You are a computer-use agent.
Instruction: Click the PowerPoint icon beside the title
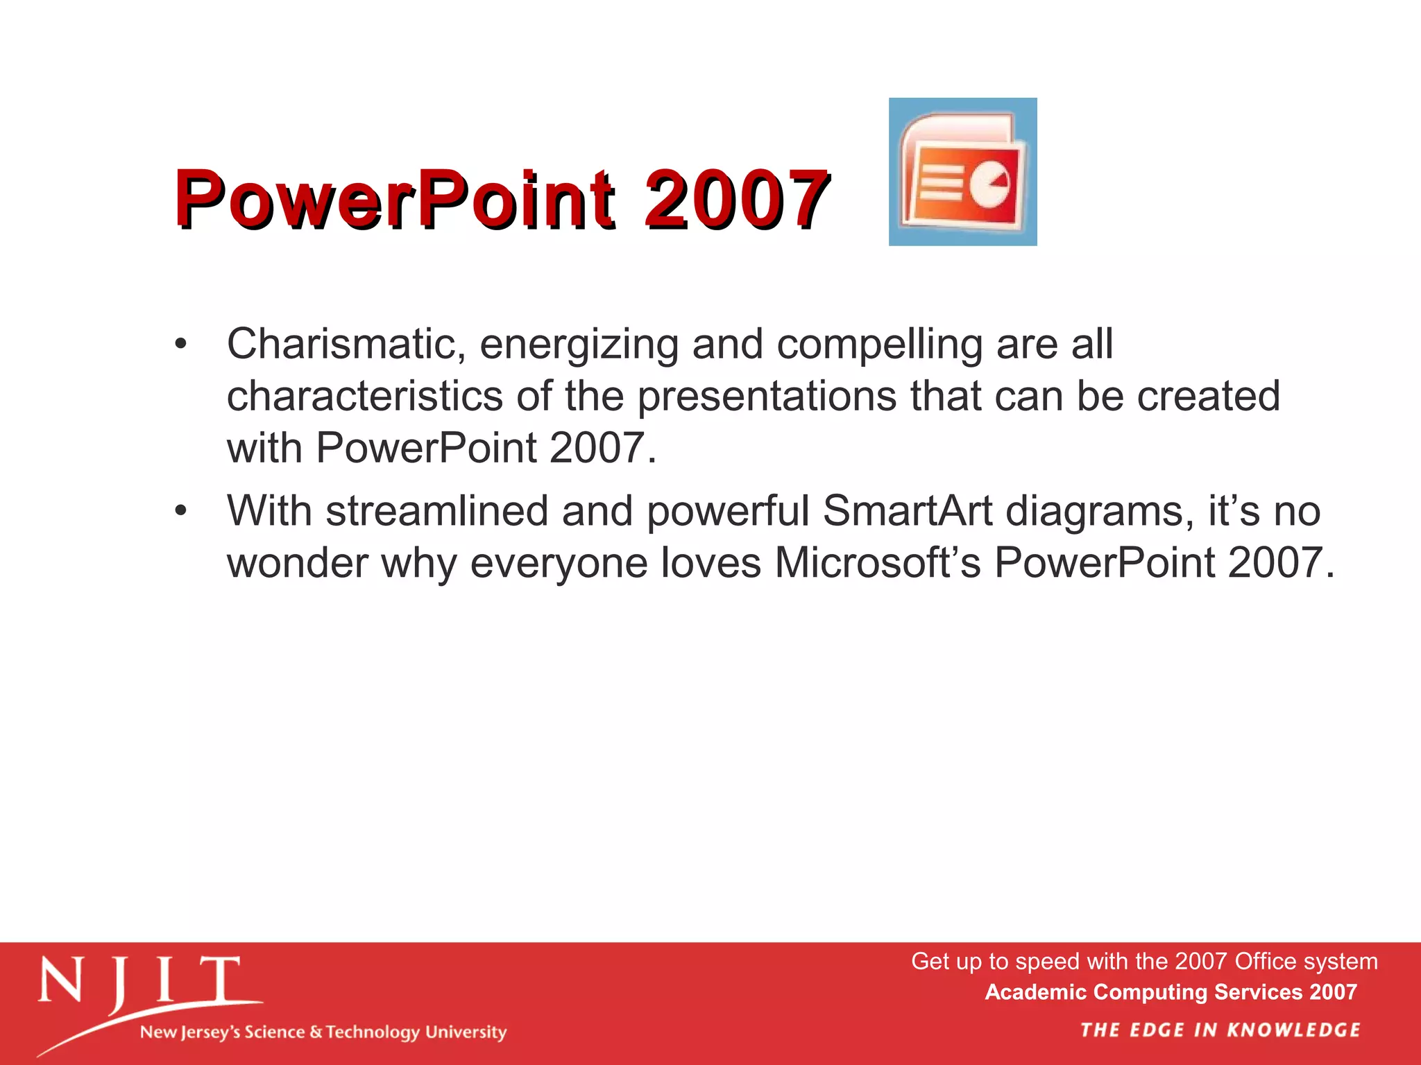click(x=962, y=172)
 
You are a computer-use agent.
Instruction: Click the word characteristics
click(x=365, y=397)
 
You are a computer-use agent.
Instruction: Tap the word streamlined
click(x=437, y=512)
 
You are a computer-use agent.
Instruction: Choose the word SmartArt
click(x=908, y=512)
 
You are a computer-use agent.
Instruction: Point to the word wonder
click(x=298, y=563)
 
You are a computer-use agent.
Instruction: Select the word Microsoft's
click(x=878, y=563)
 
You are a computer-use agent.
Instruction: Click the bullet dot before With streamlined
click(x=181, y=512)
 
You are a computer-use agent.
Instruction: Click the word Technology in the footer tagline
click(x=373, y=1032)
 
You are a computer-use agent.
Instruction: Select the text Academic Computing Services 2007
click(x=1171, y=992)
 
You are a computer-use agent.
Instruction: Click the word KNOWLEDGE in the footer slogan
click(x=1293, y=1030)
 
